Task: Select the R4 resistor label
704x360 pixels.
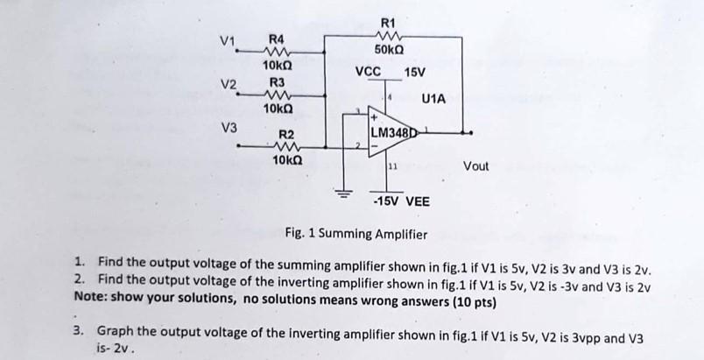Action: pyautogui.click(x=276, y=39)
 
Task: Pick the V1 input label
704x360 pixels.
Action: pyautogui.click(x=229, y=39)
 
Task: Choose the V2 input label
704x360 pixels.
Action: pyautogui.click(x=229, y=85)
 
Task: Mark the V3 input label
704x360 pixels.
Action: pyautogui.click(x=229, y=127)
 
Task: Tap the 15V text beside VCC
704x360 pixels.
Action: pyautogui.click(x=413, y=71)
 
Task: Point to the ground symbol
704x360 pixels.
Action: pyautogui.click(x=344, y=190)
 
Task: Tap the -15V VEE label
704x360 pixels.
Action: pyautogui.click(x=401, y=201)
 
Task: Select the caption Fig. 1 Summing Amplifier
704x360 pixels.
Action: pyautogui.click(x=356, y=234)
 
